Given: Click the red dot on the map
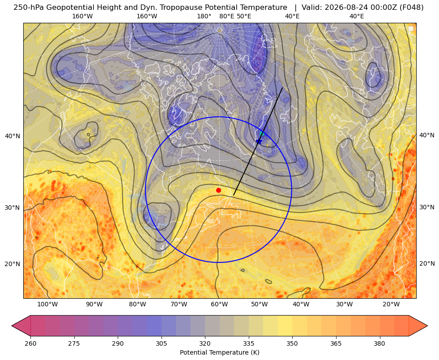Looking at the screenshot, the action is click(219, 190).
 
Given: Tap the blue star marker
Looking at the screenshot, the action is click(259, 141).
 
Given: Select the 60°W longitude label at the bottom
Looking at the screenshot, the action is click(219, 305).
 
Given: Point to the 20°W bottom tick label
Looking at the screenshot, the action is click(391, 305).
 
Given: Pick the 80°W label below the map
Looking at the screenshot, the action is click(137, 305).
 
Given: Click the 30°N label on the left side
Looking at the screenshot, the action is click(13, 208).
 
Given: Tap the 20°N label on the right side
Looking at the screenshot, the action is click(427, 263).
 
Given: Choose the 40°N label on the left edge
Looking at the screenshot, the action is click(13, 136).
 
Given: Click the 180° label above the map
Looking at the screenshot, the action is click(204, 16).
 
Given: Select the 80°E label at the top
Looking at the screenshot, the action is click(227, 16).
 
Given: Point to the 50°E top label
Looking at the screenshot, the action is click(244, 16).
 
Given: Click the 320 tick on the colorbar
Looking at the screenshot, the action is click(205, 343).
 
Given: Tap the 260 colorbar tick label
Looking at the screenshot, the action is click(30, 343).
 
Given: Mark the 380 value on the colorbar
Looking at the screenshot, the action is click(379, 343).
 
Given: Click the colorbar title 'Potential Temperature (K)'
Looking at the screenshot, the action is click(219, 352).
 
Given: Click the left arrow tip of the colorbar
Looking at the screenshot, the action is click(12, 326).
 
